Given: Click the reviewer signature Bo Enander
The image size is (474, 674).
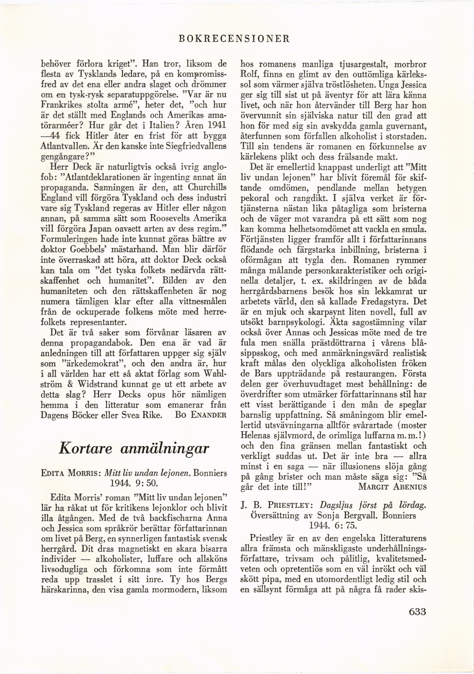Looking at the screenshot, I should (201, 415).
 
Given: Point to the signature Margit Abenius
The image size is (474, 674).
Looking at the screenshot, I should (392, 487).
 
